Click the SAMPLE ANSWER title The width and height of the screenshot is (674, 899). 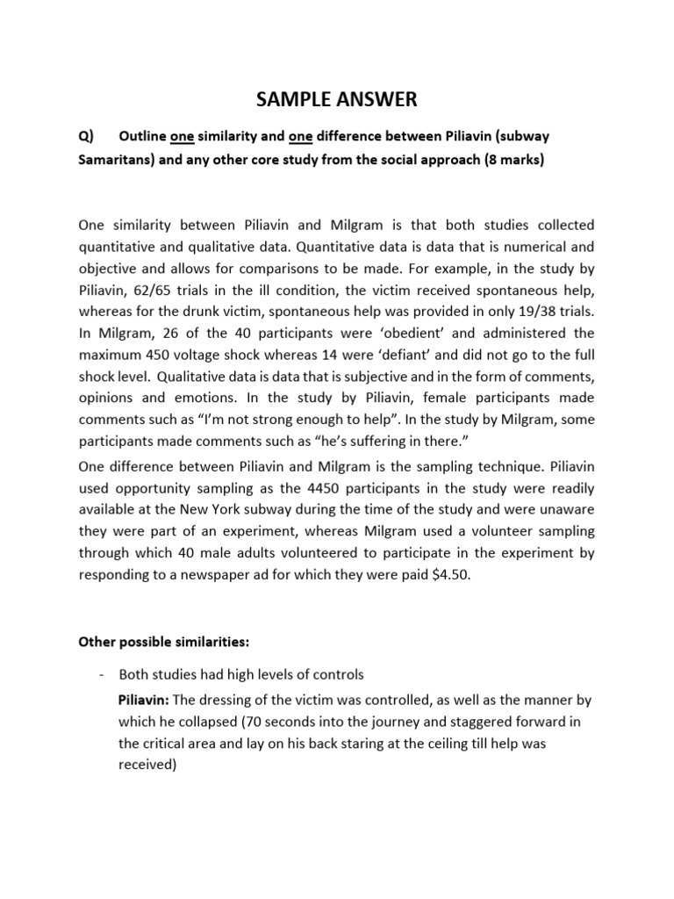[337, 100]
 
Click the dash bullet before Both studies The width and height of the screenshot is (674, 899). [103, 674]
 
